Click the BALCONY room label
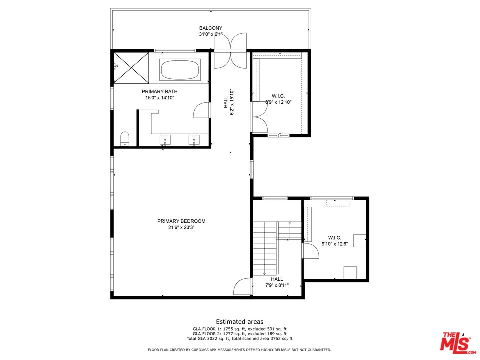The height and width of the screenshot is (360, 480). pyautogui.click(x=211, y=28)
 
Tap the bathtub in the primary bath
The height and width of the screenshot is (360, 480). pyautogui.click(x=180, y=70)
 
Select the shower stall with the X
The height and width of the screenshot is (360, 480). pyautogui.click(x=131, y=67)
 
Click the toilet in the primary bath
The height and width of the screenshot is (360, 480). pyautogui.click(x=125, y=138)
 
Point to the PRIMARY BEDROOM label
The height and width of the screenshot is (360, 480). pyautogui.click(x=181, y=221)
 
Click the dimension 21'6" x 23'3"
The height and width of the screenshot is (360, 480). pyautogui.click(x=181, y=228)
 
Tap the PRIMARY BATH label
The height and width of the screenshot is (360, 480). pyautogui.click(x=160, y=91)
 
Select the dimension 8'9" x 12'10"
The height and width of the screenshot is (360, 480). pyautogui.click(x=278, y=102)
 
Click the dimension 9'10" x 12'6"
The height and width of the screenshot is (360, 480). pyautogui.click(x=335, y=244)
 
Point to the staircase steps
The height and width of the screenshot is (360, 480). pyautogui.click(x=265, y=248)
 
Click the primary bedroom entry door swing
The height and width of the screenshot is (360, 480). pyautogui.click(x=243, y=287)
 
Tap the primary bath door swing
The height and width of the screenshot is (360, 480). pyautogui.click(x=202, y=110)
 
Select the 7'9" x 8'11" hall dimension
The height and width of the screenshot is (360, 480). pyautogui.click(x=277, y=285)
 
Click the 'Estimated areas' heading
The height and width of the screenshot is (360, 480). pyautogui.click(x=240, y=321)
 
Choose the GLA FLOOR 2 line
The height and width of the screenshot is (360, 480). pyautogui.click(x=240, y=334)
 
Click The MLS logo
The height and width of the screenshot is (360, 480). pyautogui.click(x=457, y=341)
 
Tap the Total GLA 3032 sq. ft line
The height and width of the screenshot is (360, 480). pyautogui.click(x=240, y=339)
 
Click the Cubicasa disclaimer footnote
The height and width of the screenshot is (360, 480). pyautogui.click(x=239, y=350)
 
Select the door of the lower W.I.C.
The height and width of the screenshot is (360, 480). pyautogui.click(x=311, y=251)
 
